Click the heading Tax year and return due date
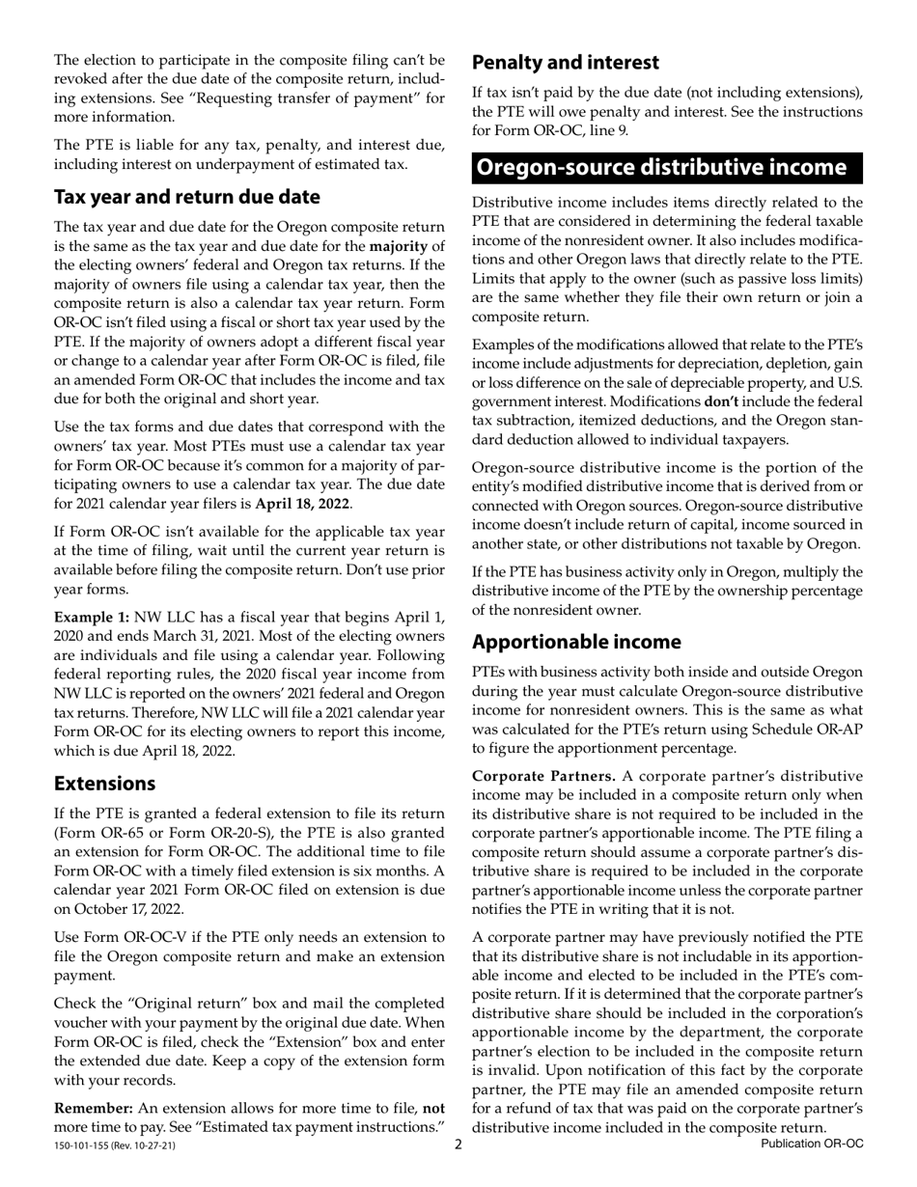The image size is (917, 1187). [x=186, y=197]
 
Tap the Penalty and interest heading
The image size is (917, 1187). [x=565, y=63]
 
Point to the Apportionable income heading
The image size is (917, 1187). [x=590, y=642]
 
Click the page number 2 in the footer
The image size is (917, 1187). [x=458, y=1144]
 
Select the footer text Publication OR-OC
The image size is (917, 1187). [x=812, y=1144]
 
